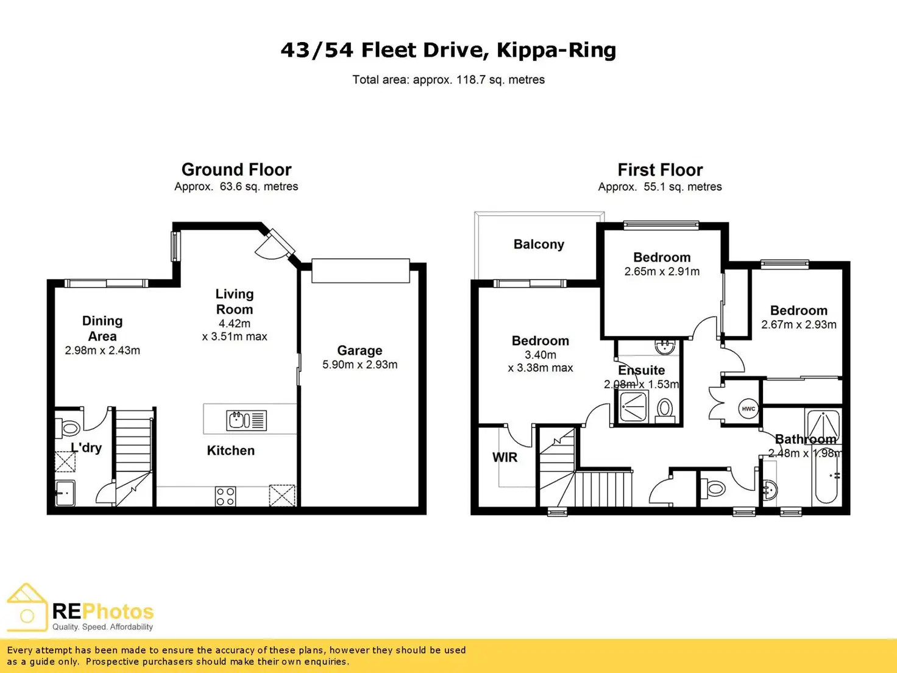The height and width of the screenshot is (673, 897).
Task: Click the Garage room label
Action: click(360, 351)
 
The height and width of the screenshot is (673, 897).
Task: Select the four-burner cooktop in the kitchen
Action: click(225, 496)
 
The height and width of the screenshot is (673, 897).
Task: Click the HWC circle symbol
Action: click(748, 409)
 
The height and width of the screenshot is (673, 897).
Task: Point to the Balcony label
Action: click(539, 244)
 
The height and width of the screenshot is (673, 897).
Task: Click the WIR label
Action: click(505, 457)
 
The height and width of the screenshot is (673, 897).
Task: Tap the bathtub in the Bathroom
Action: click(827, 479)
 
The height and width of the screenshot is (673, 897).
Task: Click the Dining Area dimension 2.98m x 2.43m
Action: click(102, 351)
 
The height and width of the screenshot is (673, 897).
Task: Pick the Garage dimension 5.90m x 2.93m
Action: click(360, 365)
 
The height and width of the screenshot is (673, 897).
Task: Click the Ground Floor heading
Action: click(236, 169)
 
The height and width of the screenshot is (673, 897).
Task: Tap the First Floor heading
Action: click(660, 169)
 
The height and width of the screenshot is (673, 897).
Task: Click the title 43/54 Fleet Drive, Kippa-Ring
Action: click(448, 50)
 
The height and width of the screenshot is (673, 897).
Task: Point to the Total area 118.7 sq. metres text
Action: click(448, 80)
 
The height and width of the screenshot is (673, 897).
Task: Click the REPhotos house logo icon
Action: click(27, 608)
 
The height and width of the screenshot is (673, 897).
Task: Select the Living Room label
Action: click(235, 302)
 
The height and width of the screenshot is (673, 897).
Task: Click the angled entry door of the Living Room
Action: click(274, 245)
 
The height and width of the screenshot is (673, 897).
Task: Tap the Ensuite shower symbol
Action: click(633, 407)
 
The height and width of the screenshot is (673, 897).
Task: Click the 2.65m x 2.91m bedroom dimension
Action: click(662, 271)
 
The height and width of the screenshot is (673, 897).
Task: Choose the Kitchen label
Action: click(230, 450)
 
